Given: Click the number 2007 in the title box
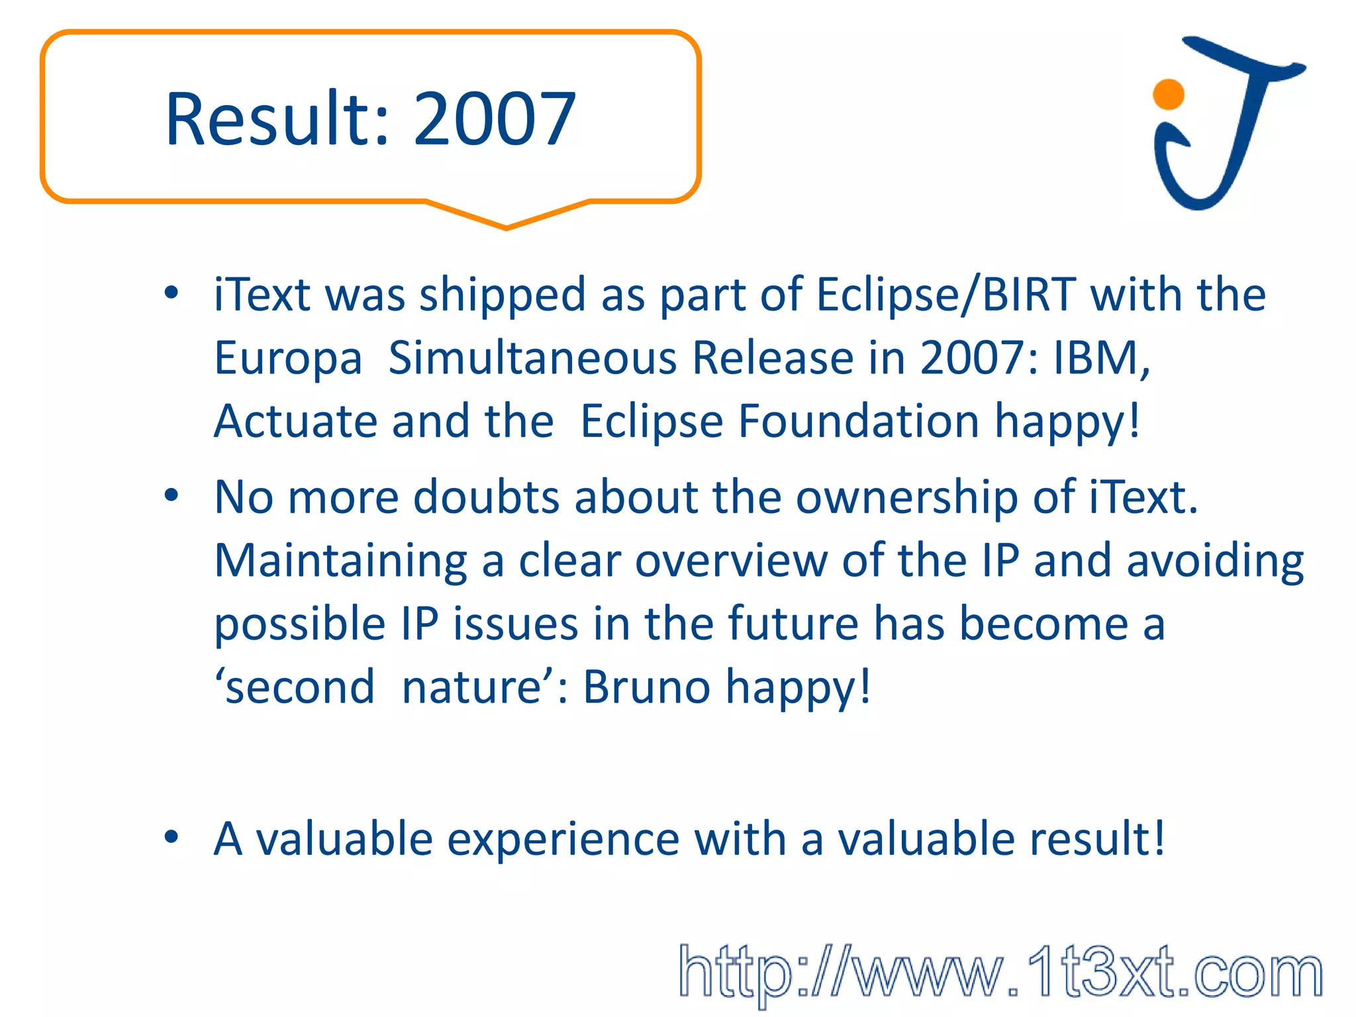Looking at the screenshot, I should click(x=495, y=119).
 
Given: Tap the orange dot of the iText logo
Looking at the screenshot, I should click(x=1168, y=94).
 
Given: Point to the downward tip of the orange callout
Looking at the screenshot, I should click(x=507, y=227).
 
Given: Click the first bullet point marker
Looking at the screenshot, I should click(x=171, y=293).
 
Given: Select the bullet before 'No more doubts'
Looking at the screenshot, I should click(x=171, y=495).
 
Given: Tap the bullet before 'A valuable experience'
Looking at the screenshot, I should click(x=171, y=837).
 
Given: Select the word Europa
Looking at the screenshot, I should click(x=288, y=358).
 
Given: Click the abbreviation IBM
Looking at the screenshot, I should click(x=1100, y=358).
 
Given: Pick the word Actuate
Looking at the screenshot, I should click(x=295, y=421).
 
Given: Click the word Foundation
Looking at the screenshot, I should click(x=858, y=421).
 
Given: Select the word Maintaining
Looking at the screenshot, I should click(x=340, y=561).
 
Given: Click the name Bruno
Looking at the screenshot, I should click(x=646, y=687).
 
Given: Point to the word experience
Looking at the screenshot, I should click(x=563, y=840).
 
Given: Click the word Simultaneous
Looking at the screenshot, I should click(x=533, y=358).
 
